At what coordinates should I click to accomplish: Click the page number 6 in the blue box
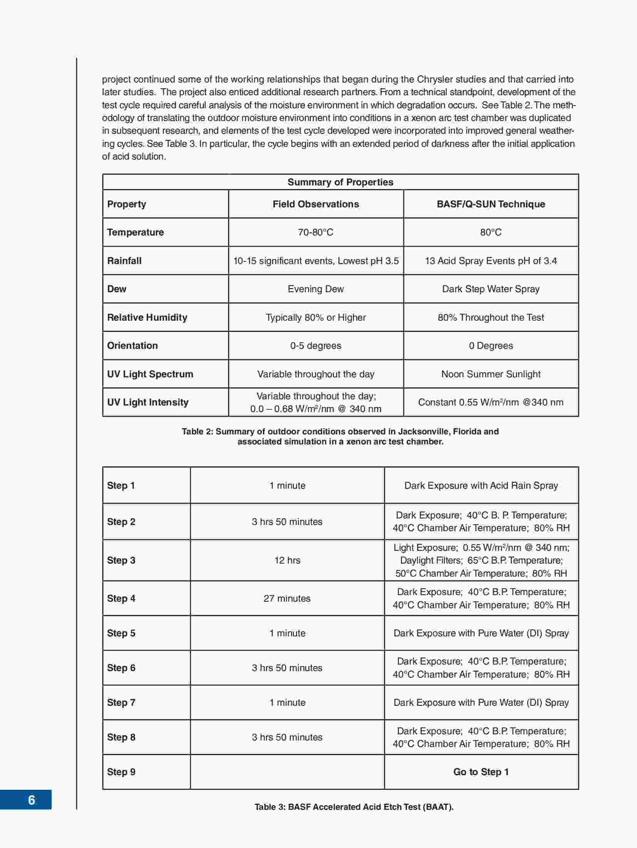pos(32,800)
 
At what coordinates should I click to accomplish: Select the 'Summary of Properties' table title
pos(340,182)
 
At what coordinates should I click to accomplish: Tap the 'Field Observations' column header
pos(315,204)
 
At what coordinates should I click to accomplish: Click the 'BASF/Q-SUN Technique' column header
pos(491,204)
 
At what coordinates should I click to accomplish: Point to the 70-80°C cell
pos(315,232)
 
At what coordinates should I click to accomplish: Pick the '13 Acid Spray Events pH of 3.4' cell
pos(491,261)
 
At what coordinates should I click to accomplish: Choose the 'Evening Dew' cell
pos(315,289)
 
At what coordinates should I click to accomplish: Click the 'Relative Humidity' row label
pos(147,317)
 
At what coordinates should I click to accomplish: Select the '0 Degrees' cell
pos(491,345)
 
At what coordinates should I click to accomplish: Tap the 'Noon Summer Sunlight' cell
pos(491,374)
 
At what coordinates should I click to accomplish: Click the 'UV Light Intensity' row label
pos(148,402)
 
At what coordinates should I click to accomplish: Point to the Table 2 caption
pos(340,436)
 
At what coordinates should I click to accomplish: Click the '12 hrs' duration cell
pos(287,560)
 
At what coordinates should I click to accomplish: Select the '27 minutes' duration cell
pos(287,598)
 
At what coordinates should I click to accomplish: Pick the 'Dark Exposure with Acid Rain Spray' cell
pos(481,485)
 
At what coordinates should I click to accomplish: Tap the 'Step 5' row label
pos(121,633)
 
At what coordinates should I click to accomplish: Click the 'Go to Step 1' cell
pos(481,772)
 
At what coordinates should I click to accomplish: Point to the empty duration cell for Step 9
pos(287,772)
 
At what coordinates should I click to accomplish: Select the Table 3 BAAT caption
pos(354,807)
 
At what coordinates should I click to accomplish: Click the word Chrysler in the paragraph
pos(434,79)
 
